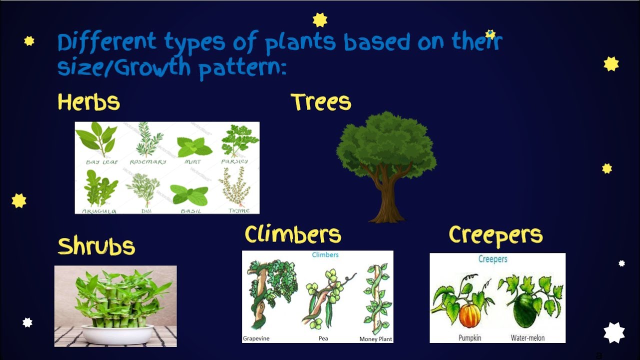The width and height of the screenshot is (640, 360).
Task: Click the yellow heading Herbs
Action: coord(88,102)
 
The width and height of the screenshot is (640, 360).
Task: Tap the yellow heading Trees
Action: coord(320,102)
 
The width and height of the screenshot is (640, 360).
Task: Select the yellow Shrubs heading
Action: coord(96,246)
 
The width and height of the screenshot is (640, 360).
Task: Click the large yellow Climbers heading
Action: coord(292,234)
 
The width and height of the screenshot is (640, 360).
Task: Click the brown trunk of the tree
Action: coord(386,200)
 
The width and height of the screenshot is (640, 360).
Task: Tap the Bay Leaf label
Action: coord(102,162)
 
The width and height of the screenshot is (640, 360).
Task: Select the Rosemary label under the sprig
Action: coord(147,162)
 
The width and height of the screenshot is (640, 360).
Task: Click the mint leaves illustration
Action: coord(194,146)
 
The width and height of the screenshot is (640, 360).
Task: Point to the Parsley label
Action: coord(234,161)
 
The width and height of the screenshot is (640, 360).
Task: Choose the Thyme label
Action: coord(238,210)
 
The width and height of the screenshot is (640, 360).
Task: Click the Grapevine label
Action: coord(256,338)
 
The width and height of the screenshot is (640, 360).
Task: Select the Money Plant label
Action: coord(375,339)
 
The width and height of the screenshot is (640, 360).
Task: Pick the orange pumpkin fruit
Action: coord(469,315)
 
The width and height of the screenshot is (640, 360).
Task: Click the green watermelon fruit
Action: coord(524,310)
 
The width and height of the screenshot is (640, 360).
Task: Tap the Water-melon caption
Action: coord(527,338)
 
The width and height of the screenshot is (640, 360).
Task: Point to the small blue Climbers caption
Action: coord(325,255)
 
